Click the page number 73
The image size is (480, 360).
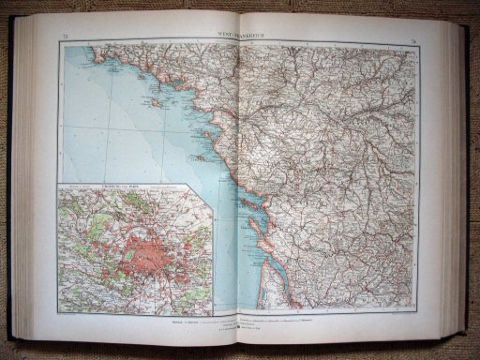pyautogui.click(x=65, y=37)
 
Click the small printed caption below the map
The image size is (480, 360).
pyautogui.click(x=240, y=321)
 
